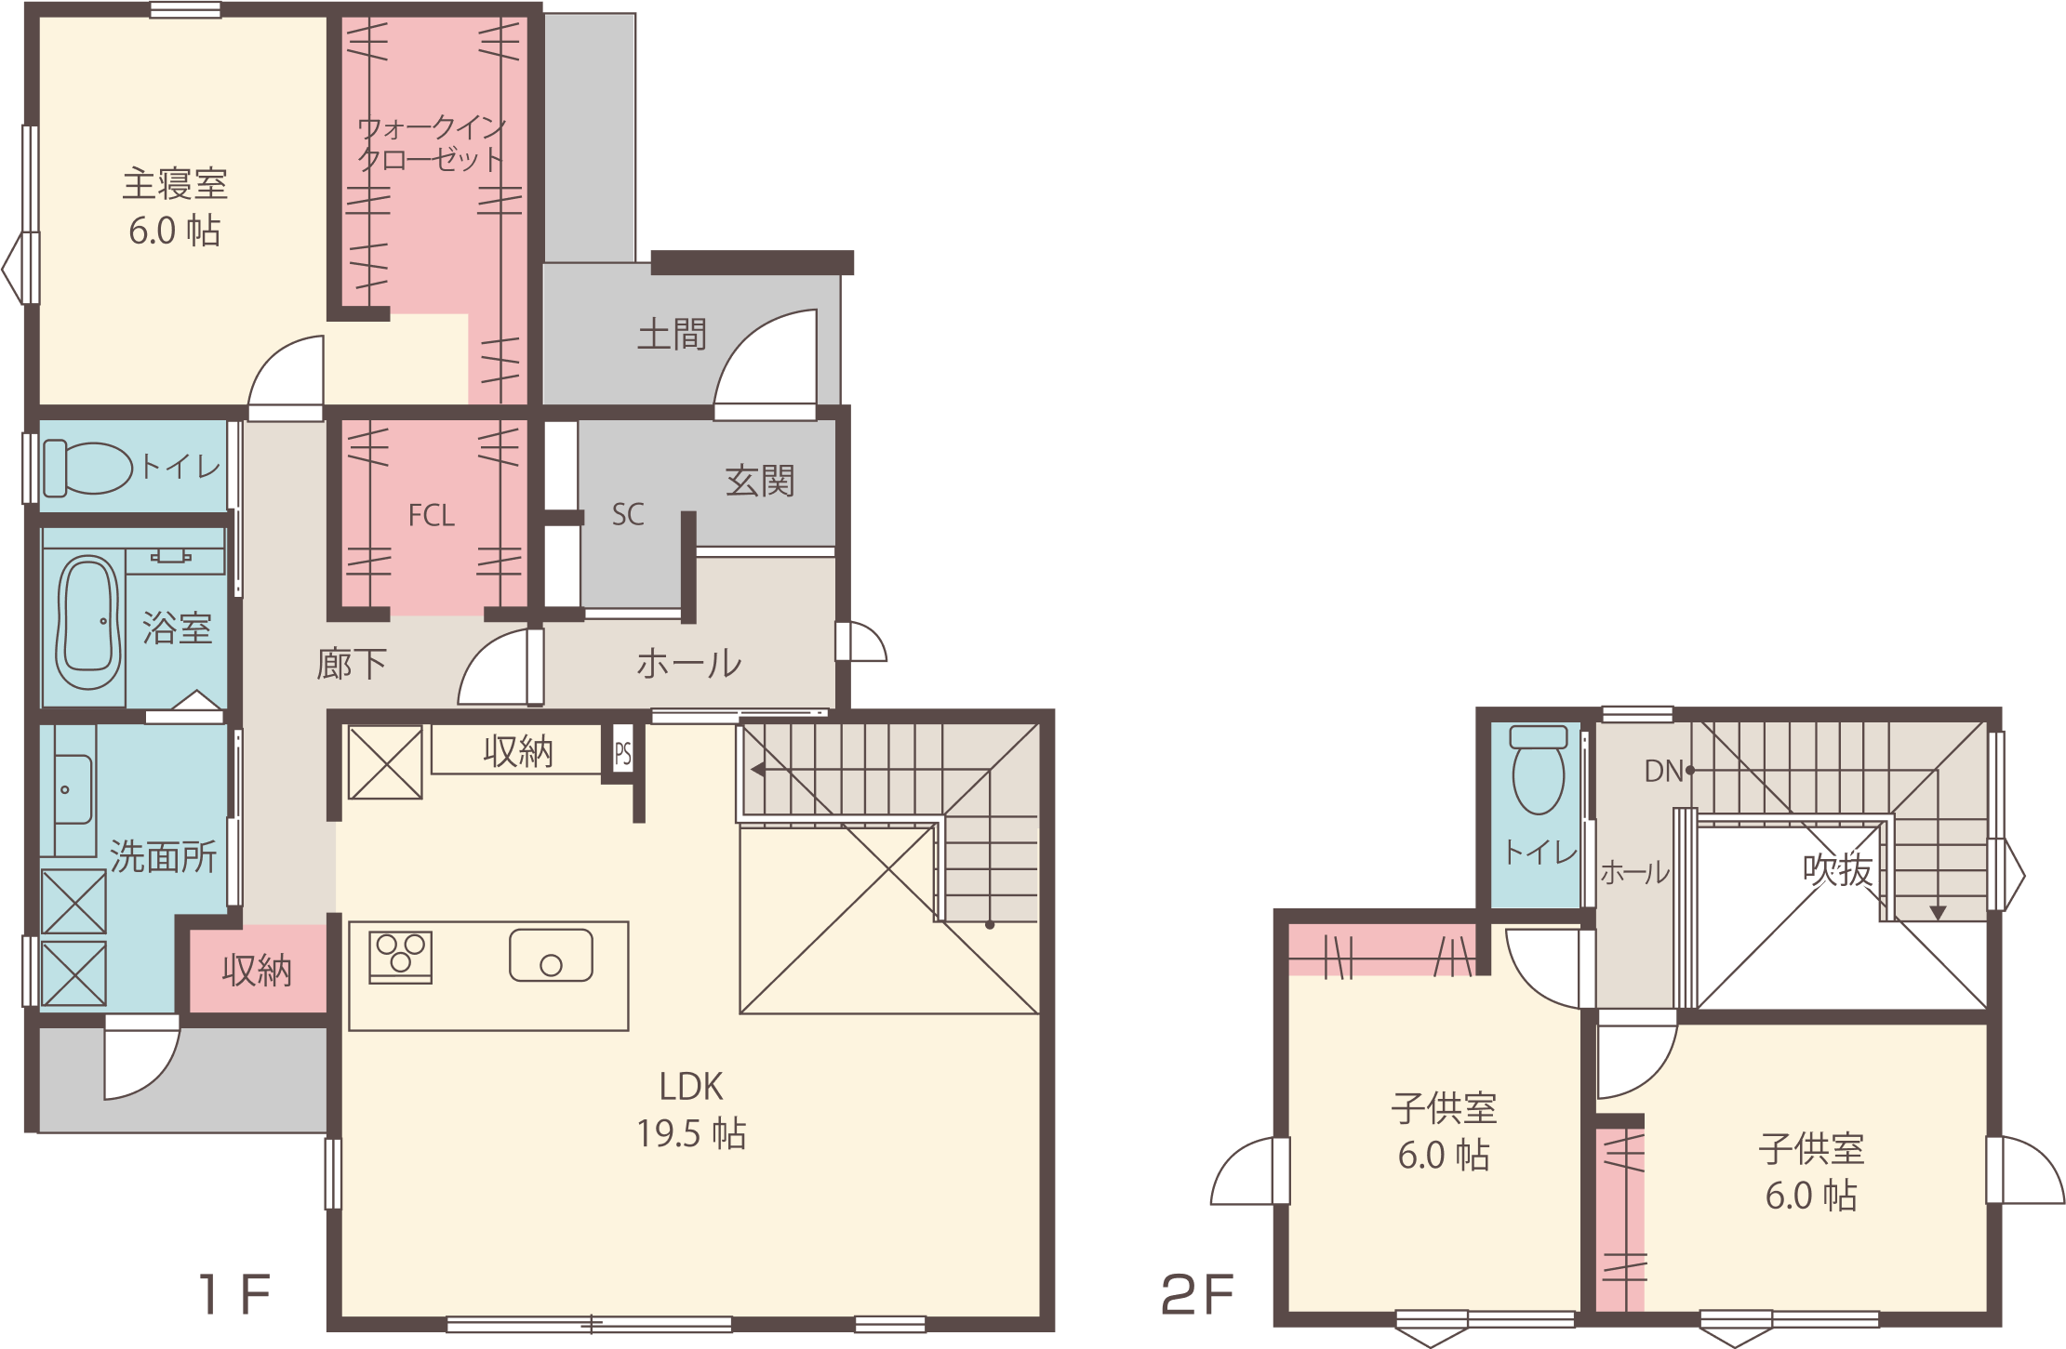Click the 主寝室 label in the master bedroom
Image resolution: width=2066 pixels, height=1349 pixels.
(x=175, y=184)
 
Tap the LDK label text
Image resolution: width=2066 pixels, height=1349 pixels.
(x=691, y=1086)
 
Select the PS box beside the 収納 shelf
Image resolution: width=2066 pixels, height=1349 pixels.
(x=622, y=752)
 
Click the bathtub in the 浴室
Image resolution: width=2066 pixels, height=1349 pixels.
(x=88, y=622)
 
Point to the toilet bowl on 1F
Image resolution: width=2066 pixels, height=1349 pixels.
(x=88, y=468)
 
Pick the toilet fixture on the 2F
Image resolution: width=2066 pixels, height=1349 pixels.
(x=1538, y=770)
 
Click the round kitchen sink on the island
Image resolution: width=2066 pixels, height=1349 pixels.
(x=551, y=956)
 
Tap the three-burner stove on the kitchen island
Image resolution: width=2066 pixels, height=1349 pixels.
(x=401, y=957)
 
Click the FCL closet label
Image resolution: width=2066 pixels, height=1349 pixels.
(x=432, y=515)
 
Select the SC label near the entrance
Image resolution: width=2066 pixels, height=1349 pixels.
(x=628, y=514)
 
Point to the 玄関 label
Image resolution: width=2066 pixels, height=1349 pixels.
(x=760, y=481)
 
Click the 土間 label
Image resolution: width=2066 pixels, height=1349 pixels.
(x=672, y=334)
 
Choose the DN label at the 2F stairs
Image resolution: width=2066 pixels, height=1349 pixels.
(x=1663, y=771)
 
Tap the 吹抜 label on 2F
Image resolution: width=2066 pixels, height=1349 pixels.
(x=1837, y=870)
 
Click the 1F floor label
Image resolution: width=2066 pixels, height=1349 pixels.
(x=234, y=1293)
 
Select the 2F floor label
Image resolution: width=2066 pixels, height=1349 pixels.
(x=1198, y=1294)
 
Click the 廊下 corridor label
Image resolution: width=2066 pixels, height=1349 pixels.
(x=351, y=664)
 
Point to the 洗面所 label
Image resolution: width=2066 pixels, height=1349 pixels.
(x=163, y=857)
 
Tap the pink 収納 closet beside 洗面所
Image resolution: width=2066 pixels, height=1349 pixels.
(x=258, y=969)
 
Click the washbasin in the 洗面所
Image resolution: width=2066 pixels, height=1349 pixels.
(x=74, y=790)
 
